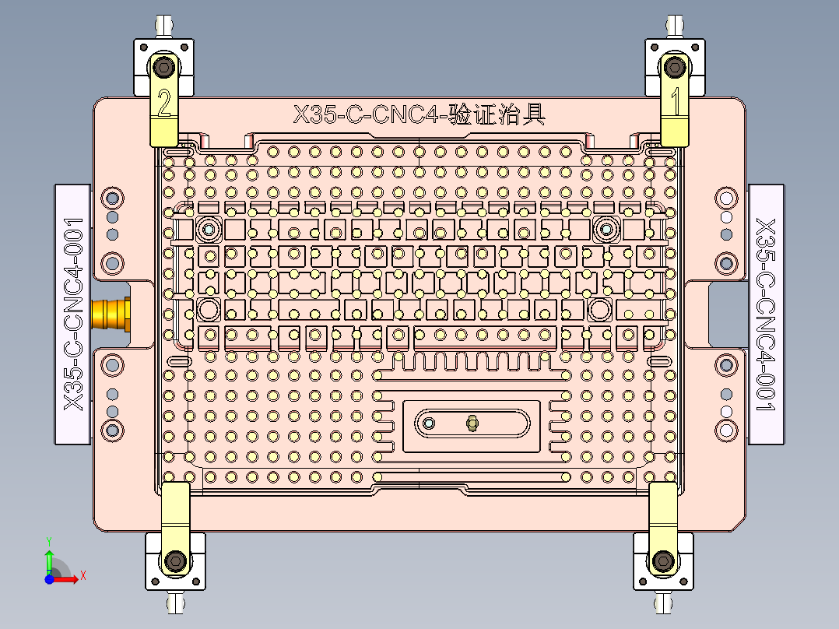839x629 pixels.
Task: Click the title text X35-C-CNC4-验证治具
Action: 419,115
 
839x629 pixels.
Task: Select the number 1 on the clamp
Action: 675,101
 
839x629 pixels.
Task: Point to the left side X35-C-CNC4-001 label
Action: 73,314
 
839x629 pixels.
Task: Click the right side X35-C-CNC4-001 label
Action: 766,314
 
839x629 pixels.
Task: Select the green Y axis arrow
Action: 48,559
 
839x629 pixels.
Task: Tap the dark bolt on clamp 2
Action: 163,68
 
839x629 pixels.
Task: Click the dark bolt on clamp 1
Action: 674,67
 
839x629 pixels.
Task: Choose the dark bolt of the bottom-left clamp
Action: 176,560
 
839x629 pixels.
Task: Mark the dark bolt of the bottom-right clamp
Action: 663,560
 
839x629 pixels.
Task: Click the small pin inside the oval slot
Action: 472,423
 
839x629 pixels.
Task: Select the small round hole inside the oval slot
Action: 428,423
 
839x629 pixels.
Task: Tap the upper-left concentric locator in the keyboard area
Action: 209,229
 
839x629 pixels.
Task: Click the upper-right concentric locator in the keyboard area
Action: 606,229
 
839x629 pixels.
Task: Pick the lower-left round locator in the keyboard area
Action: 209,309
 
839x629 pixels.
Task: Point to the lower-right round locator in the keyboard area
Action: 599,309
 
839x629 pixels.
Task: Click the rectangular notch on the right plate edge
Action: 723,314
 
